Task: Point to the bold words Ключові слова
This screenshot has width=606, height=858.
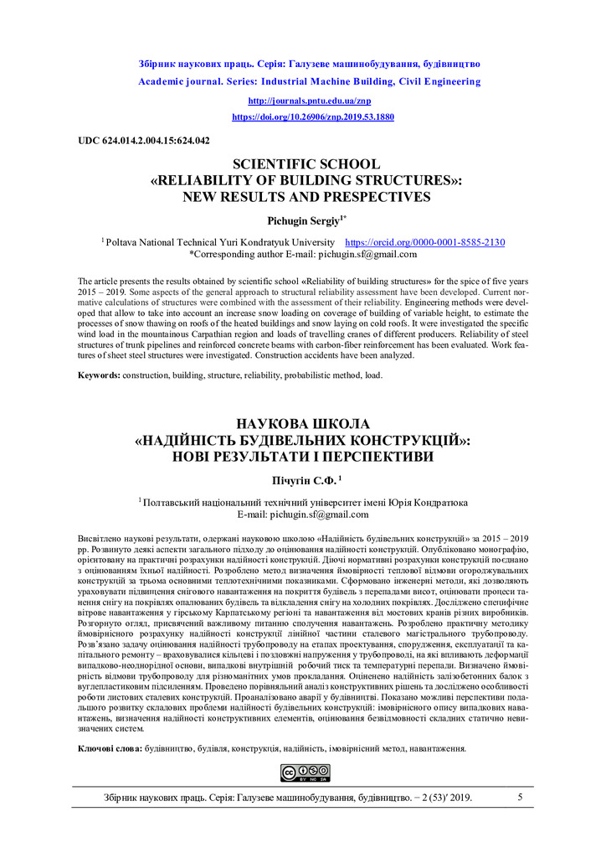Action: pyautogui.click(x=110, y=747)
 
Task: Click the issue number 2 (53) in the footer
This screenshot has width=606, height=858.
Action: pyautogui.click(x=432, y=799)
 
